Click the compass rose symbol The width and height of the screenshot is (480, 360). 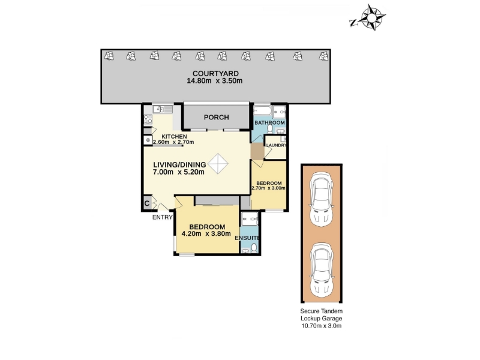coord(371,17)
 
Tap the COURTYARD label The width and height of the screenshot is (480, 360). coord(215,73)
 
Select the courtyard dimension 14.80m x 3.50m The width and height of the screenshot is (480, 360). coord(215,81)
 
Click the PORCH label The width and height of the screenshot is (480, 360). coord(217,117)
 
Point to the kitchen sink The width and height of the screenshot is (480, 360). coord(163,109)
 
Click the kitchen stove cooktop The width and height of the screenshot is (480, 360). coord(148,119)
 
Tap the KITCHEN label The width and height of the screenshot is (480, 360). coord(174,137)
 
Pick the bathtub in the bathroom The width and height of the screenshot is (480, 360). coord(263,110)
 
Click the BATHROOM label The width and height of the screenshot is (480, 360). coord(269,123)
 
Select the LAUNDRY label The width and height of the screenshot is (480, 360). coord(277,145)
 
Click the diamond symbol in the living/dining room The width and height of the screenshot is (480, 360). coord(218,164)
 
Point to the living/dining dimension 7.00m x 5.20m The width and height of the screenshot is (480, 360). coord(178,172)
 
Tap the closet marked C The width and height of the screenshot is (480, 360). coord(147,203)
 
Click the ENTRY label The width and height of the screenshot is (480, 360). coord(162,217)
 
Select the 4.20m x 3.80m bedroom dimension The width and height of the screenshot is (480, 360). coord(206,234)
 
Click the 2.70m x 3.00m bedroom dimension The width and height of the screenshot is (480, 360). coord(268,188)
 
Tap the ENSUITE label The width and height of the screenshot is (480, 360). coord(247,238)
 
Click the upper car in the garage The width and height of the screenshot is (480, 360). coord(321,200)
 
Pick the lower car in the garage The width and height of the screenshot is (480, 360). coord(321,270)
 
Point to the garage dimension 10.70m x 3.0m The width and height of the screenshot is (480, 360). coord(322,326)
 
